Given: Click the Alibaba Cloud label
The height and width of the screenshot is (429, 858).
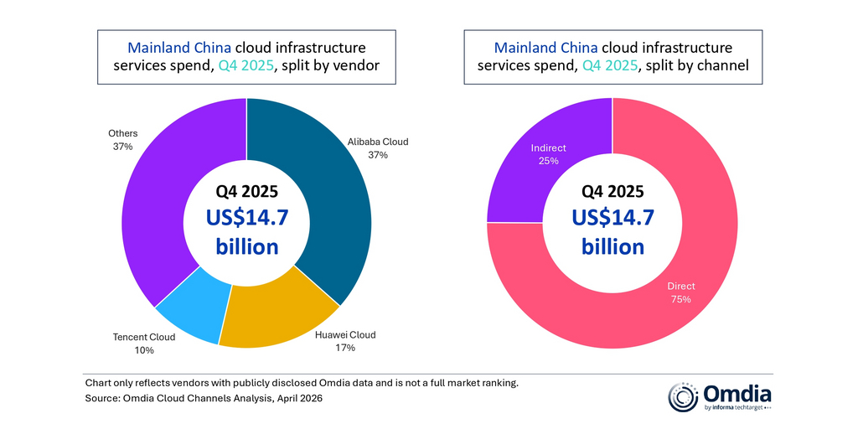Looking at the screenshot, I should tap(378, 142).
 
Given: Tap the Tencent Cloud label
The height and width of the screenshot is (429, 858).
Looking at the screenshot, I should tap(144, 337).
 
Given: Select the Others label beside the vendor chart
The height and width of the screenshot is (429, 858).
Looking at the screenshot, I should tap(123, 133).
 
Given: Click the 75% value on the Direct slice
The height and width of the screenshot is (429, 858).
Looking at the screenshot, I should tap(680, 299).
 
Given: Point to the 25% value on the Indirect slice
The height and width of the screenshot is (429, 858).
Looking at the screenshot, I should tap(549, 161).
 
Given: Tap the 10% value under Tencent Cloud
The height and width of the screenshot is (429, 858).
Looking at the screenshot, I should tap(144, 350).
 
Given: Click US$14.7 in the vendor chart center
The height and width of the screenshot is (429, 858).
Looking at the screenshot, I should tap(246, 217).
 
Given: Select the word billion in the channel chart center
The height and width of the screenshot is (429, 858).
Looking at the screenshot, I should tap(612, 246).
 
